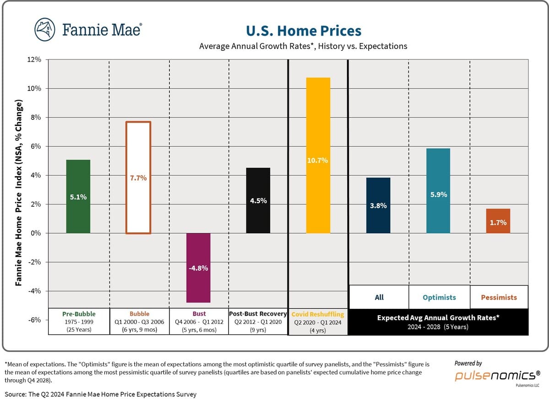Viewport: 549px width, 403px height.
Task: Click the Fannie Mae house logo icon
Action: pyautogui.click(x=45, y=30)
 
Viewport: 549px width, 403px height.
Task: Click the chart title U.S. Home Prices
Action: pyautogui.click(x=304, y=31)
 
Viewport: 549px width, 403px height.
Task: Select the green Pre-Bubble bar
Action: pyautogui.click(x=78, y=196)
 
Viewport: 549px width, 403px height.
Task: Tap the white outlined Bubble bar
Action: pyautogui.click(x=138, y=177)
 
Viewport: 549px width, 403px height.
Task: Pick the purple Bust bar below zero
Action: pyautogui.click(x=198, y=268)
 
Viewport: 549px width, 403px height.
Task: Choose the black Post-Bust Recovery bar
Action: pyautogui.click(x=258, y=200)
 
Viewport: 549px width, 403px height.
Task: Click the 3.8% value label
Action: pyautogui.click(x=378, y=206)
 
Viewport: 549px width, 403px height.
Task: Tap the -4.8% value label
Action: pyautogui.click(x=198, y=268)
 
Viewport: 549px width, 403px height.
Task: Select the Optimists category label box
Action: pyautogui.click(x=439, y=297)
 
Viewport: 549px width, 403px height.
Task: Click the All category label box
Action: pyautogui.click(x=379, y=297)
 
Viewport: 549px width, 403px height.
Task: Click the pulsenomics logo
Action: pyautogui.click(x=497, y=375)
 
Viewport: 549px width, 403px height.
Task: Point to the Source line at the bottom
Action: pyautogui.click(x=101, y=394)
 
